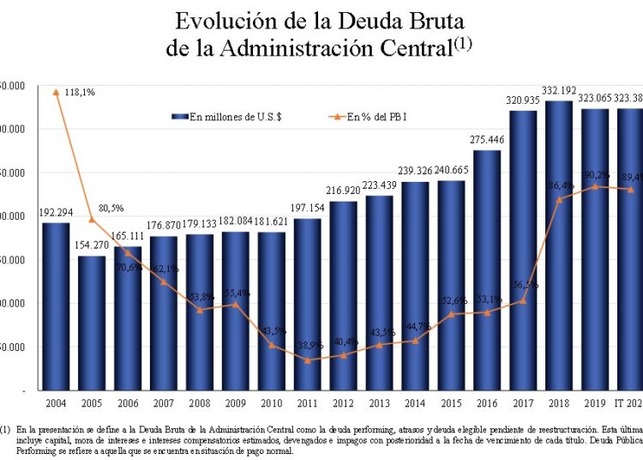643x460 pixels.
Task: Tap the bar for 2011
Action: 307,304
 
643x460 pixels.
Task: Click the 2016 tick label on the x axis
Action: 486,403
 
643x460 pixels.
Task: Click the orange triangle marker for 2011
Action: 307,360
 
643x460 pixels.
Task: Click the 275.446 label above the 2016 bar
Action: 486,139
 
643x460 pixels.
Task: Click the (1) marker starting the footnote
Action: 6,427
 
